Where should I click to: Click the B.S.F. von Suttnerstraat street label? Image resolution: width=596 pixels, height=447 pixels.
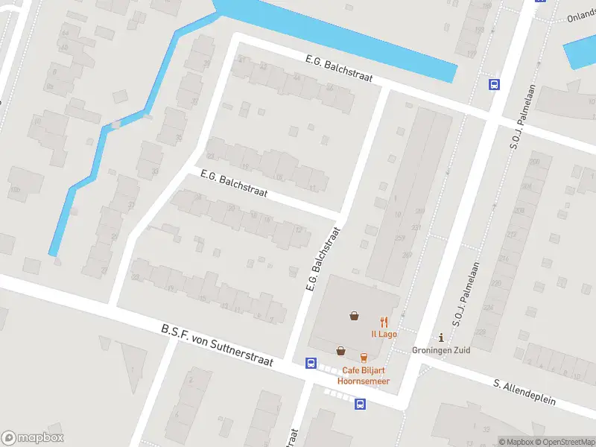217,345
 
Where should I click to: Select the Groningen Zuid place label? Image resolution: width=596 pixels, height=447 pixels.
441,350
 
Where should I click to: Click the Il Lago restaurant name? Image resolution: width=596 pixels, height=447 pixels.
384,334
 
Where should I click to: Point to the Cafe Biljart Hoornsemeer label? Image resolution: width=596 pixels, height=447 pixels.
365,375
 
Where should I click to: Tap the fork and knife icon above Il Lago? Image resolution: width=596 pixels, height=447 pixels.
384,322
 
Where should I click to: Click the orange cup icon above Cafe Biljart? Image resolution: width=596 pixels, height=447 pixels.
364,358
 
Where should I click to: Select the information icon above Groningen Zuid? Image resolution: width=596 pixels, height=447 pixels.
441,338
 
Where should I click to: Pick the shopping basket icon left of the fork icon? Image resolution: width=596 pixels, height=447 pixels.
355,316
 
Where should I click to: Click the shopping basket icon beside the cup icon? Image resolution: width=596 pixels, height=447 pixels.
340,351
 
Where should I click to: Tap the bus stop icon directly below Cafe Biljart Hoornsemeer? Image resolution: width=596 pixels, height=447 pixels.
360,405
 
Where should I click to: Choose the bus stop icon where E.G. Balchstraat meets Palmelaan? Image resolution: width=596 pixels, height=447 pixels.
493,84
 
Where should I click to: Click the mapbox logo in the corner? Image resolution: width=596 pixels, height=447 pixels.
33,438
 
